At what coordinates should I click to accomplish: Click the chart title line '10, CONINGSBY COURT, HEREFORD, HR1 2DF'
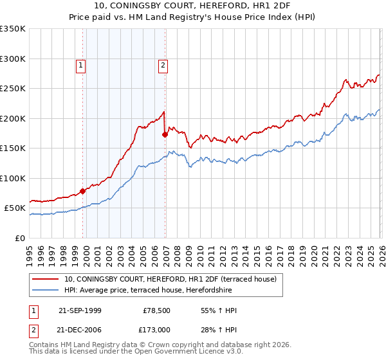point(192,6)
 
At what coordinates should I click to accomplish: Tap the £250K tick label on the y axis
point(13,89)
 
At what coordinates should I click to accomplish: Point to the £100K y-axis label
point(13,178)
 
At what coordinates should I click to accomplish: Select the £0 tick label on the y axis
point(19,238)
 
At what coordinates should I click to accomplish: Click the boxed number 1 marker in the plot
point(81,64)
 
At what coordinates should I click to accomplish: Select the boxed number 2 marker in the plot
point(163,64)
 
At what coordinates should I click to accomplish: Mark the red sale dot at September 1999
point(83,191)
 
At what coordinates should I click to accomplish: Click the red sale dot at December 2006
point(165,134)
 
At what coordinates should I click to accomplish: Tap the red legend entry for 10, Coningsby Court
point(170,279)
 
